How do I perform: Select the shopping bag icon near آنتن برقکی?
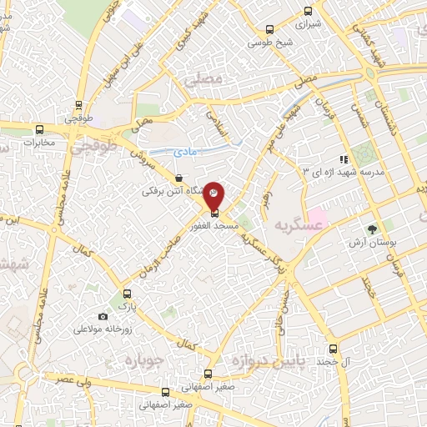(x=180, y=177)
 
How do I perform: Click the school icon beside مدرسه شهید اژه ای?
(x=342, y=159)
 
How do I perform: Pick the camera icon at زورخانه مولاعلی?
(x=103, y=317)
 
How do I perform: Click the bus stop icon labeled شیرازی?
(x=309, y=12)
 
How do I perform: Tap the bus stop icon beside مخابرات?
(x=39, y=128)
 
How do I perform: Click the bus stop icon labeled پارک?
(x=127, y=294)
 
